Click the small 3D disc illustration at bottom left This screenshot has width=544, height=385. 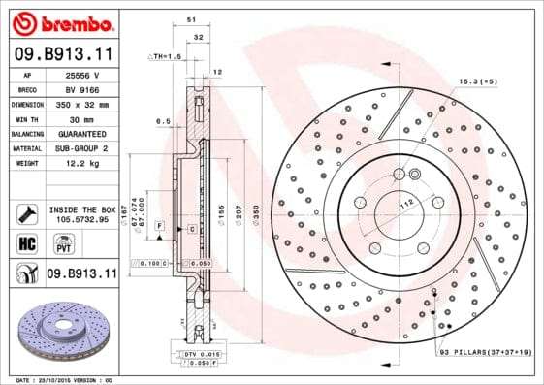coord(62,328)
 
